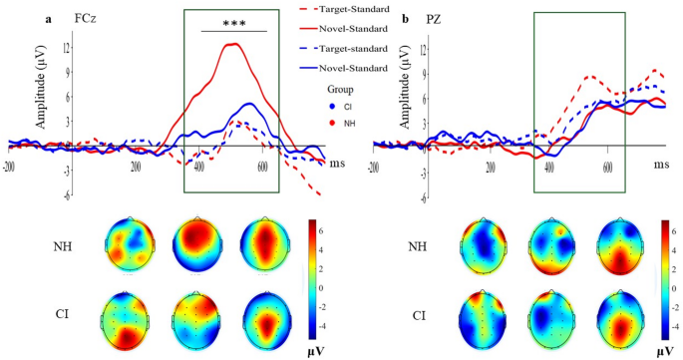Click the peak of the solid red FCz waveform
click(x=231, y=44)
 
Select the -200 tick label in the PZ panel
click(x=375, y=168)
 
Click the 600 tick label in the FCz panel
click(x=264, y=168)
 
